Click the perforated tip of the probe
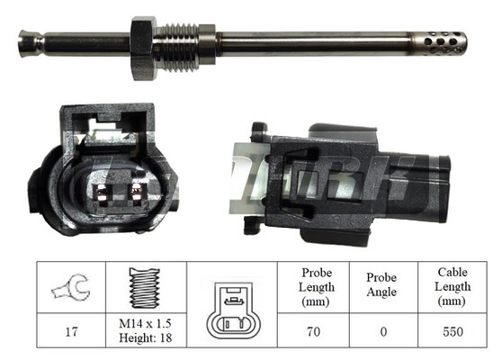444,42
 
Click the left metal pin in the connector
103,194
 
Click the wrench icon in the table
71,287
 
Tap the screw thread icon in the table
145,288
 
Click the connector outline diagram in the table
232,310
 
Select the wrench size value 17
71,331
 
